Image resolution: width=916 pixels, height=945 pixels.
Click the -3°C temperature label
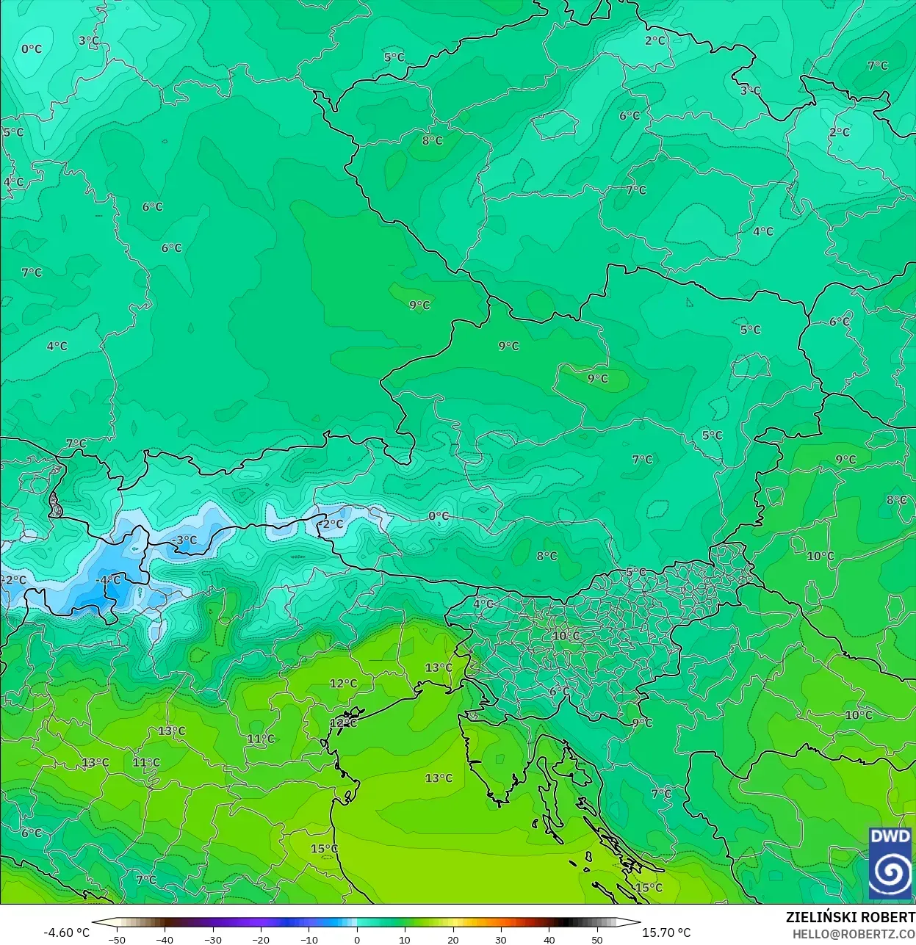(184, 540)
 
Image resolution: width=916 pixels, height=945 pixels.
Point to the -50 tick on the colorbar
(116, 939)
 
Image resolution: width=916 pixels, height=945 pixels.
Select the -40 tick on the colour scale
(165, 939)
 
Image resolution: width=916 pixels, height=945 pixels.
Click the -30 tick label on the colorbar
(212, 939)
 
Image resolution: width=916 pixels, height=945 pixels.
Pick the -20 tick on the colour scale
(261, 939)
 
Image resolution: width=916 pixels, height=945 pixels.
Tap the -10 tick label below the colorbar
(309, 939)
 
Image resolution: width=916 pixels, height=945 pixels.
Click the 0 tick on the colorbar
(357, 939)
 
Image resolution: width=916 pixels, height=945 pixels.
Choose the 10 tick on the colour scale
(405, 939)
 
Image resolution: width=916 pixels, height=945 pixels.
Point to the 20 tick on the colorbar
(453, 939)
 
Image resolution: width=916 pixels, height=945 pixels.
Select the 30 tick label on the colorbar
(501, 939)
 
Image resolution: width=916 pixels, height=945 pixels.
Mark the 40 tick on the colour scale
(549, 939)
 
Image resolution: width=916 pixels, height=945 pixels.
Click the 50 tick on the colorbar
(597, 939)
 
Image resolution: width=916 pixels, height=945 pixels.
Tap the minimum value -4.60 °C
(67, 933)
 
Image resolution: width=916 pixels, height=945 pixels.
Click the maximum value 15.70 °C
(666, 933)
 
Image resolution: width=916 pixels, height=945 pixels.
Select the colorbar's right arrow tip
(638, 923)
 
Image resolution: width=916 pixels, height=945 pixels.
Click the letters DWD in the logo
(890, 836)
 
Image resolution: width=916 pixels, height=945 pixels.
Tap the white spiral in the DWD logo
(890, 872)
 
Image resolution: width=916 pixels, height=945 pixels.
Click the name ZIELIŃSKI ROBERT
(850, 917)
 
